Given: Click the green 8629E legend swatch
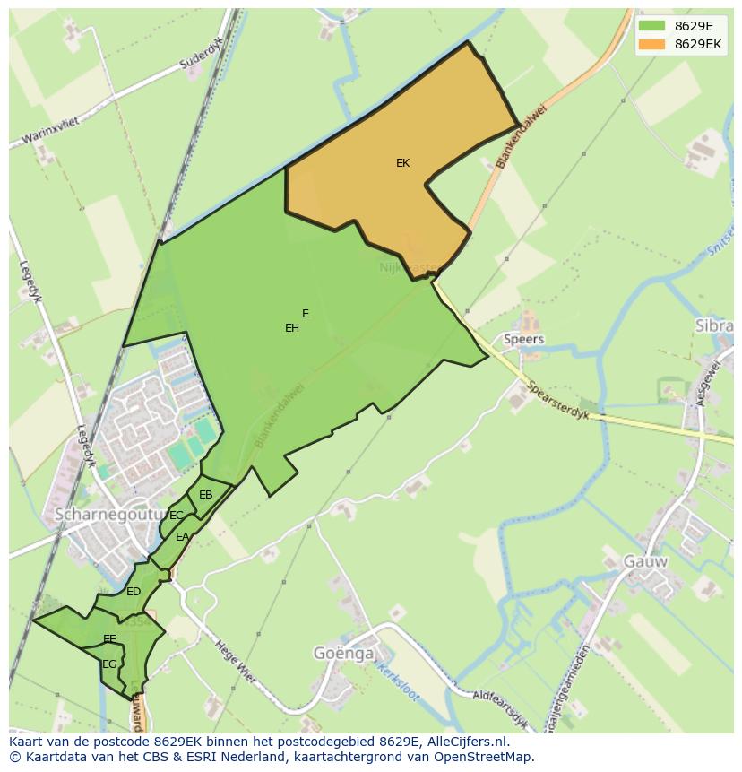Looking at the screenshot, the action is (x=652, y=26).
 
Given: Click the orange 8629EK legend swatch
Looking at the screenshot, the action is (x=652, y=44).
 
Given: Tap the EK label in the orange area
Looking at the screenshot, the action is (x=402, y=163).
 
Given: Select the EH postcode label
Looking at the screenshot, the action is (x=291, y=328).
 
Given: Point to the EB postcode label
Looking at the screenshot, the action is (x=206, y=495).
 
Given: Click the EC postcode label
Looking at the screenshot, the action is (x=177, y=516).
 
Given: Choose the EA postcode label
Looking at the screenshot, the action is (x=183, y=537).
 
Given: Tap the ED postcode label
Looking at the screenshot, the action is (x=134, y=592).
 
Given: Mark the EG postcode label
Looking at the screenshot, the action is (x=109, y=664).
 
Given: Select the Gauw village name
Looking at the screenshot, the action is (x=646, y=561).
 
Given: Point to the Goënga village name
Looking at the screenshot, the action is (x=343, y=653).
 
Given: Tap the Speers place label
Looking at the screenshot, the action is (x=523, y=340).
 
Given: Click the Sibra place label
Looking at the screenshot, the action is (x=713, y=325).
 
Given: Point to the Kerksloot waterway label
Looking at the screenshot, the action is (x=394, y=670).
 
